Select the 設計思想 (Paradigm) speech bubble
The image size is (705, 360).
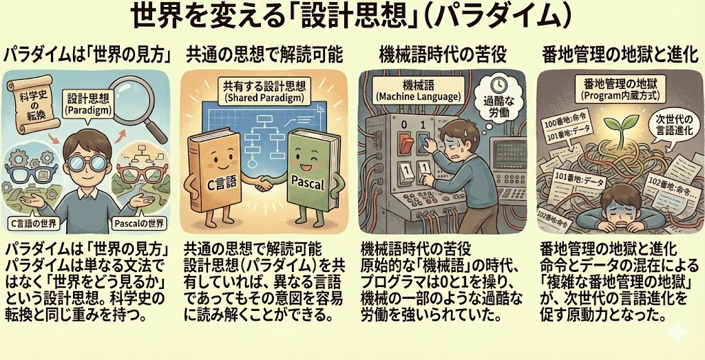pyautogui.click(x=85, y=105)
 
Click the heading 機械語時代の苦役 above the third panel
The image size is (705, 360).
pyautogui.click(x=443, y=55)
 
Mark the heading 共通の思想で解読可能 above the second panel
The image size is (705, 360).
pyautogui.click(x=265, y=55)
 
